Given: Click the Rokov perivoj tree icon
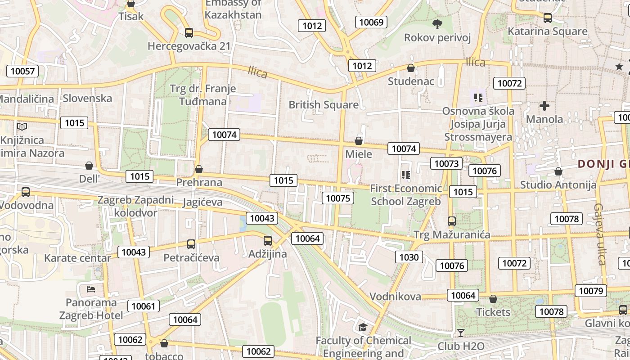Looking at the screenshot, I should coord(436,24).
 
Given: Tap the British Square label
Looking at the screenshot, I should coord(324,105).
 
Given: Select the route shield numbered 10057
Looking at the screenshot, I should coord(22,71).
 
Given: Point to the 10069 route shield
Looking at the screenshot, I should coord(372,22).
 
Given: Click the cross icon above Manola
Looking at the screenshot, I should coord(544,106).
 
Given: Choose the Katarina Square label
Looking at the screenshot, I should coord(548,31).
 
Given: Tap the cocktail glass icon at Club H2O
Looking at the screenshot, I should coord(460,333).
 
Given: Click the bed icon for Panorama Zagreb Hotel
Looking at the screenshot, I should coord(91,289).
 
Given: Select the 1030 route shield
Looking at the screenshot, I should coord(409,257).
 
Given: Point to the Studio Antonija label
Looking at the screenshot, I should coord(558,184).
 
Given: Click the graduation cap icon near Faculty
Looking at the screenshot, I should coord(363,327).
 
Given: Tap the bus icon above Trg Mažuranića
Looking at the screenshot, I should coord(452,221).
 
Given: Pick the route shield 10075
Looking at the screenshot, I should coord(337,198).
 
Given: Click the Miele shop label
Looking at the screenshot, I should coord(359,154).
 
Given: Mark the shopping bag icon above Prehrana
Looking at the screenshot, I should coord(198,170).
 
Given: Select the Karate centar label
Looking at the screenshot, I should coord(77,258).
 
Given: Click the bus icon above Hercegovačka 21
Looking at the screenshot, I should coord(189,32).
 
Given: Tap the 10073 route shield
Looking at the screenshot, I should coord(446,163).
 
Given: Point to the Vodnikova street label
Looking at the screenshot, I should coord(396,296).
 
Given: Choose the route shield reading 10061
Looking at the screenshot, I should coord(144,306).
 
